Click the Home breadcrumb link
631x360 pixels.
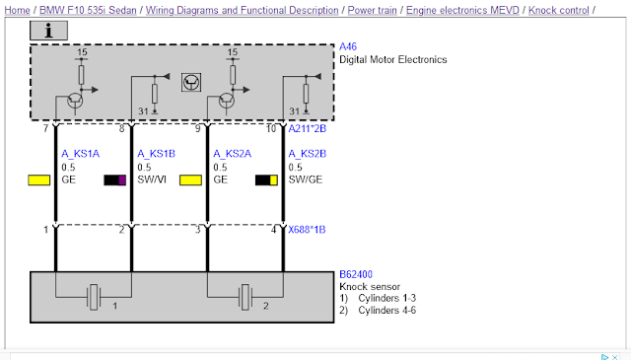pos(18,10)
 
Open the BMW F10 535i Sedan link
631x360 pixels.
pos(88,10)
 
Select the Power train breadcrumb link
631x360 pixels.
pos(373,10)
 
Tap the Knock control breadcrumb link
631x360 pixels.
pos(559,10)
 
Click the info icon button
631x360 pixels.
pos(48,31)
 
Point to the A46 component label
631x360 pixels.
pos(348,46)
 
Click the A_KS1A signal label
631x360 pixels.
pos(81,154)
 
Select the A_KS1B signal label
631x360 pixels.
pos(156,154)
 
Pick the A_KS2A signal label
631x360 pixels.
pos(233,154)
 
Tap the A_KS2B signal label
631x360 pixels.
pos(308,154)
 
